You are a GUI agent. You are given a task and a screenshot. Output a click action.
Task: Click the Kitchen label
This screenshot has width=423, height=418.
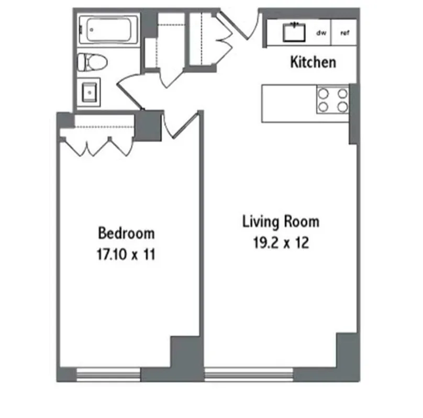(x=313, y=63)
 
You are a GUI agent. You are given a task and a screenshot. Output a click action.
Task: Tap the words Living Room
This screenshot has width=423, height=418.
(x=281, y=221)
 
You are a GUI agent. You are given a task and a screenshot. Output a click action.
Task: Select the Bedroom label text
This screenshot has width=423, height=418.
(x=126, y=232)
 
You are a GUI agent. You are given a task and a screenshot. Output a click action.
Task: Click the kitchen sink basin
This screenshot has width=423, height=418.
(x=294, y=32)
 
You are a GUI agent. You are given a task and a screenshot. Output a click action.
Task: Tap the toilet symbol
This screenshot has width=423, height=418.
(x=92, y=62)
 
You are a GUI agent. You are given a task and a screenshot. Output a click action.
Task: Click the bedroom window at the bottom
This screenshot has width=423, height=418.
(x=108, y=373)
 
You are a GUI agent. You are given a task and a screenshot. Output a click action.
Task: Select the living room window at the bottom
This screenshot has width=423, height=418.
(x=249, y=373)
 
